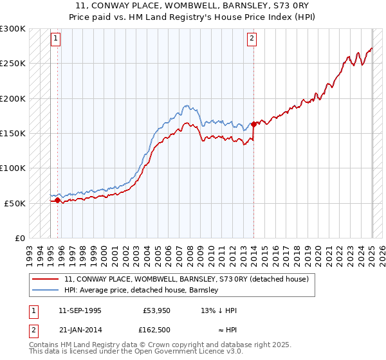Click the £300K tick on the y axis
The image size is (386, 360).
13,29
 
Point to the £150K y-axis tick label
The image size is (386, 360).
13,134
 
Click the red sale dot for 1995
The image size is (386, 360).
58,201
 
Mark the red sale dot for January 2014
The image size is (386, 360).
253,124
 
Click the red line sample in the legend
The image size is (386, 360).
46,279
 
